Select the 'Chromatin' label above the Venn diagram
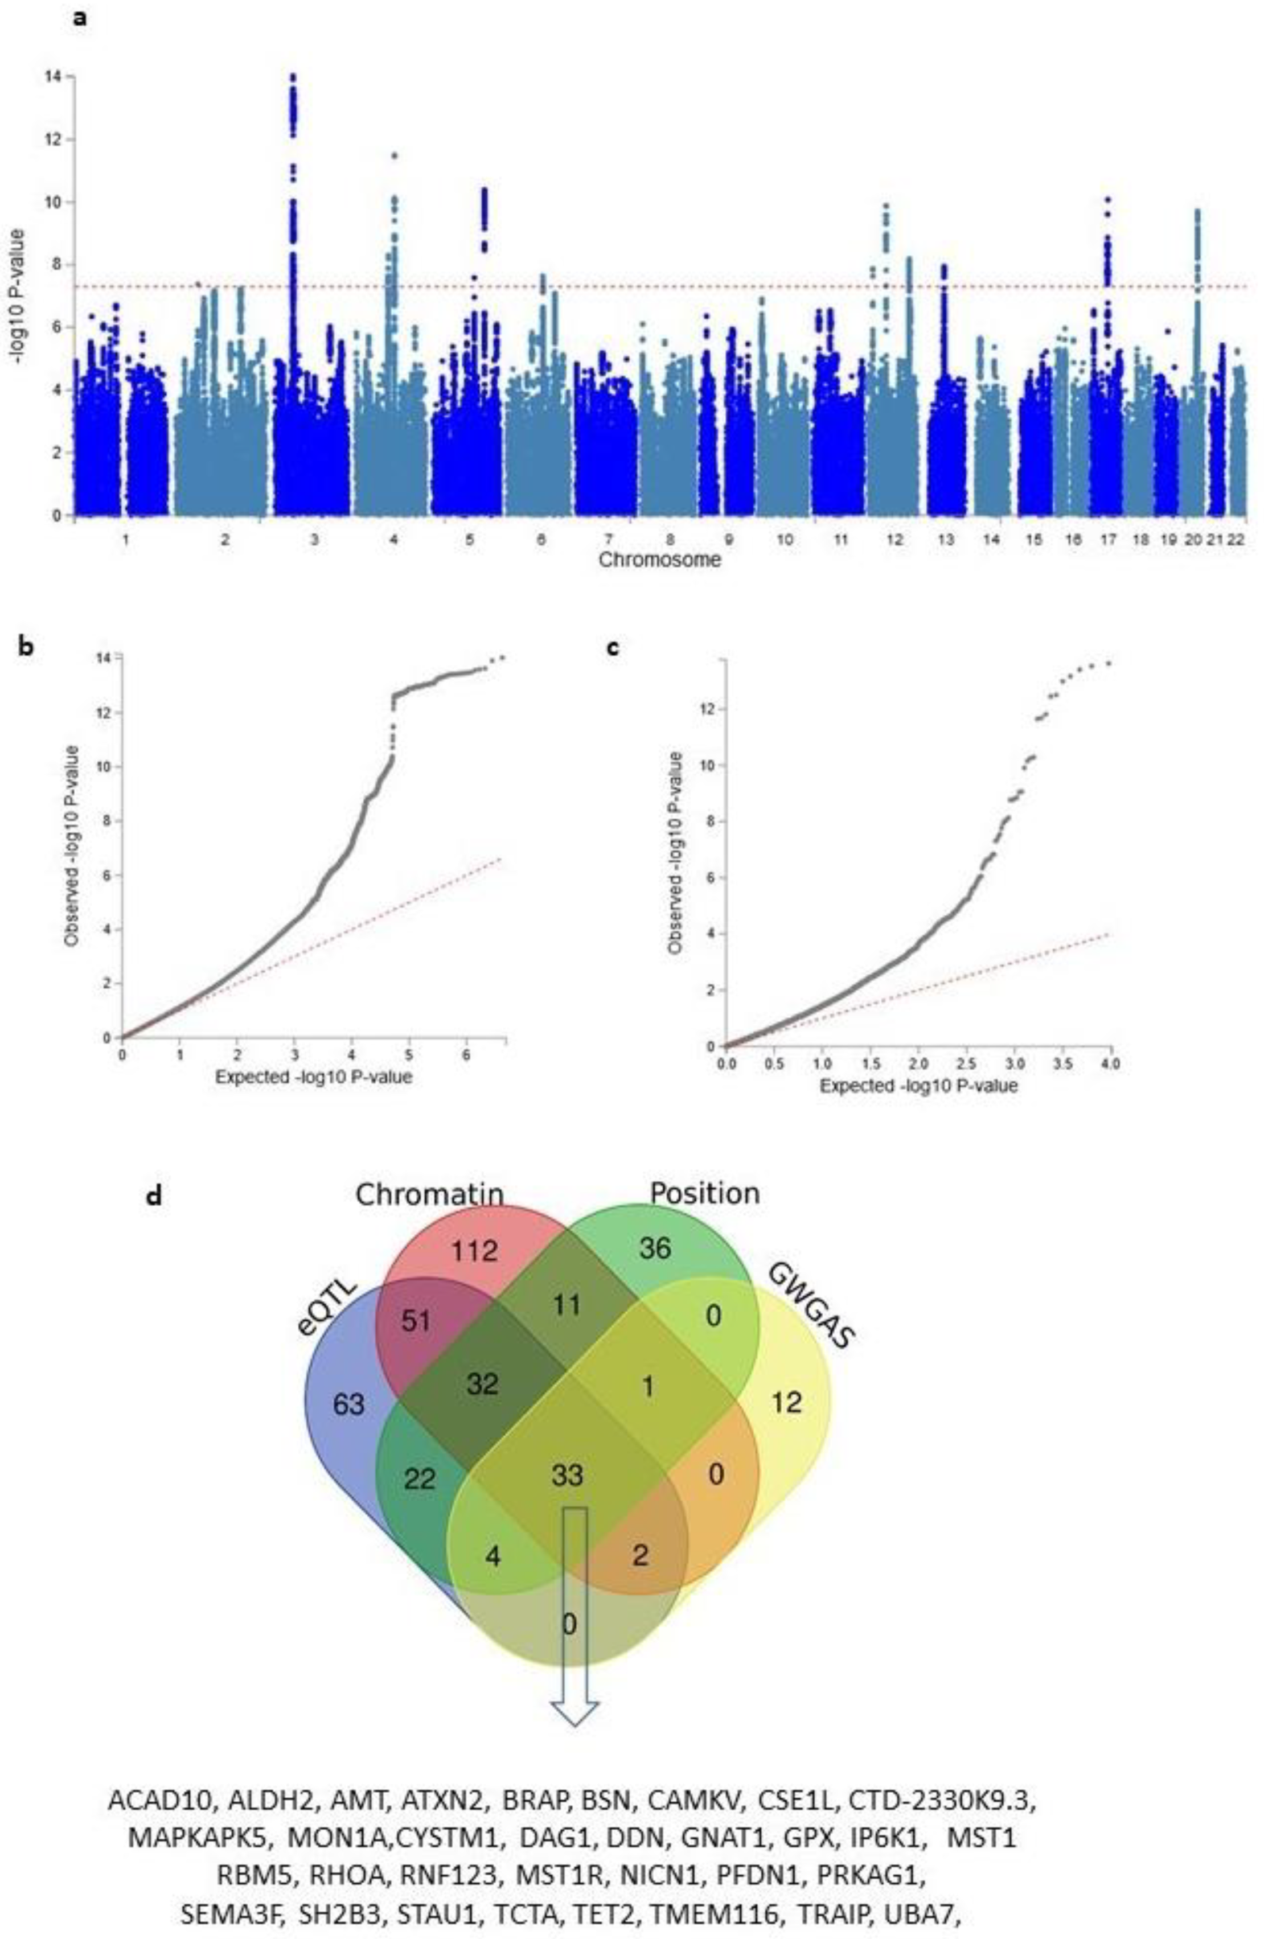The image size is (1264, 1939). coord(429,1195)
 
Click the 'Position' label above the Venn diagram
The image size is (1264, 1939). coord(704,1194)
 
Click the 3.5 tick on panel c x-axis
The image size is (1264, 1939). coord(1062,1064)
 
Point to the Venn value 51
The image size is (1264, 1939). coord(416,1321)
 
